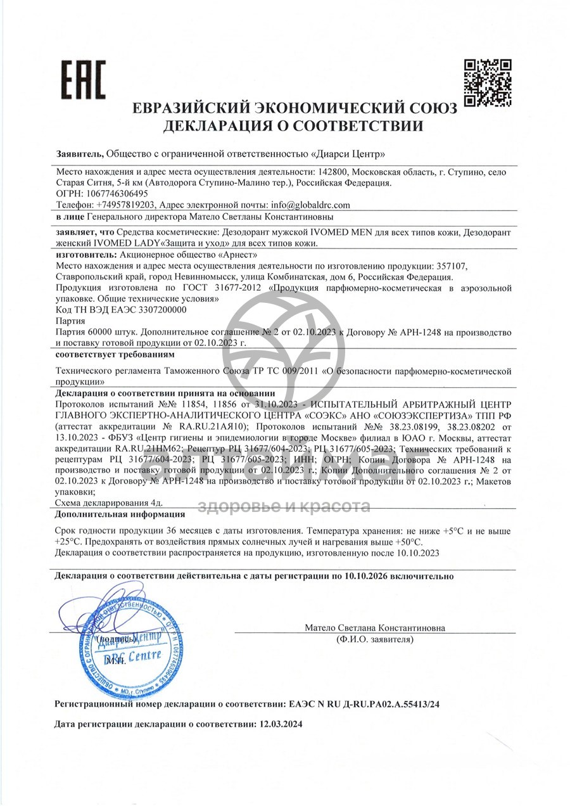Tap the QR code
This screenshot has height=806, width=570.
487,82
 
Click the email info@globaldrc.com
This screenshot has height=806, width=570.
310,205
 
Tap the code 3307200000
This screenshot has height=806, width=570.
167,310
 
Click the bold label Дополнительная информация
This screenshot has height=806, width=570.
120,515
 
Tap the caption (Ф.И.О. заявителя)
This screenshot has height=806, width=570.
375,639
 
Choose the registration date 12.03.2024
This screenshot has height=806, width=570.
281,724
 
